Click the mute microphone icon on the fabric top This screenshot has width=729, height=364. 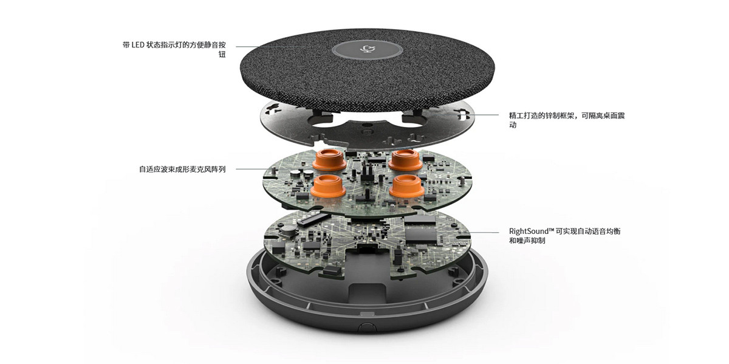click(367, 49)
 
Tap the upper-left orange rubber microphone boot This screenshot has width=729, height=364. click(329, 160)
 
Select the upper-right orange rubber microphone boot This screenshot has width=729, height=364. click(405, 160)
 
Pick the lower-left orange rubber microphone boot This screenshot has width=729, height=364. click(327, 186)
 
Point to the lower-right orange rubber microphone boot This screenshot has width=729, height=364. click(406, 186)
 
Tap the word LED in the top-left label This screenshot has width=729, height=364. click(138, 45)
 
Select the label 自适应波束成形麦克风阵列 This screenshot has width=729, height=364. click(182, 170)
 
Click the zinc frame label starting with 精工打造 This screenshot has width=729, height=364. click(567, 120)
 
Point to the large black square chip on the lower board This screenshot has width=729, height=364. click(420, 232)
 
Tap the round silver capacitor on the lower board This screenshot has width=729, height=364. click(288, 230)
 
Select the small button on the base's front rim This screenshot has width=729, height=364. click(367, 326)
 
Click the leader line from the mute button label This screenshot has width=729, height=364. click(270, 47)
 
